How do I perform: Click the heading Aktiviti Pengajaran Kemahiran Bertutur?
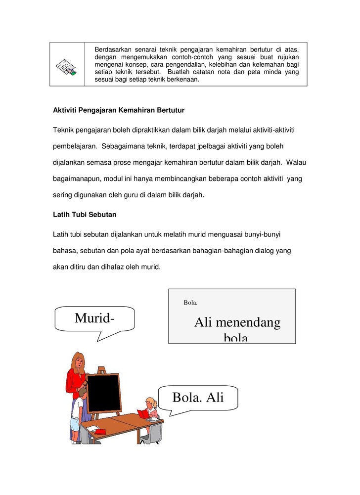click(119, 110)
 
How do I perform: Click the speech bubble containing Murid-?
click(94, 318)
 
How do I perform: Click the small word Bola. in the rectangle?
click(190, 303)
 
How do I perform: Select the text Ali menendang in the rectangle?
click(237, 323)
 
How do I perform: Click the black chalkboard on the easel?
click(104, 393)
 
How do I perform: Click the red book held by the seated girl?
click(143, 413)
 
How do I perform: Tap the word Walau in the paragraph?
click(296, 162)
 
